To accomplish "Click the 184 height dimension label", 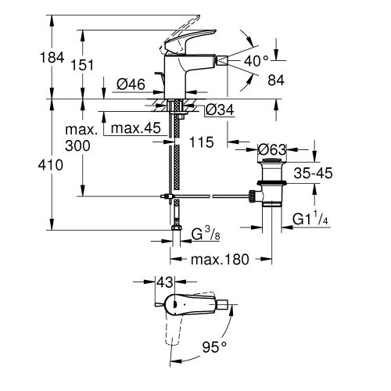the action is [x=52, y=58].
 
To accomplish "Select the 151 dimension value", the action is [x=82, y=65].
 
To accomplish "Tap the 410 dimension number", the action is [x=51, y=165].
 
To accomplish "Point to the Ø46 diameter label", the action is [x=131, y=84].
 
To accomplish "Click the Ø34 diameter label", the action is [x=220, y=110].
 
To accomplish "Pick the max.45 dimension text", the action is [x=136, y=128].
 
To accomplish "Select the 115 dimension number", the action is [x=202, y=142].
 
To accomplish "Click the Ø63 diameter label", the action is [x=272, y=149].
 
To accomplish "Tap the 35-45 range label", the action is [x=314, y=173].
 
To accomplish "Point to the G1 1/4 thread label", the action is [x=310, y=218].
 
